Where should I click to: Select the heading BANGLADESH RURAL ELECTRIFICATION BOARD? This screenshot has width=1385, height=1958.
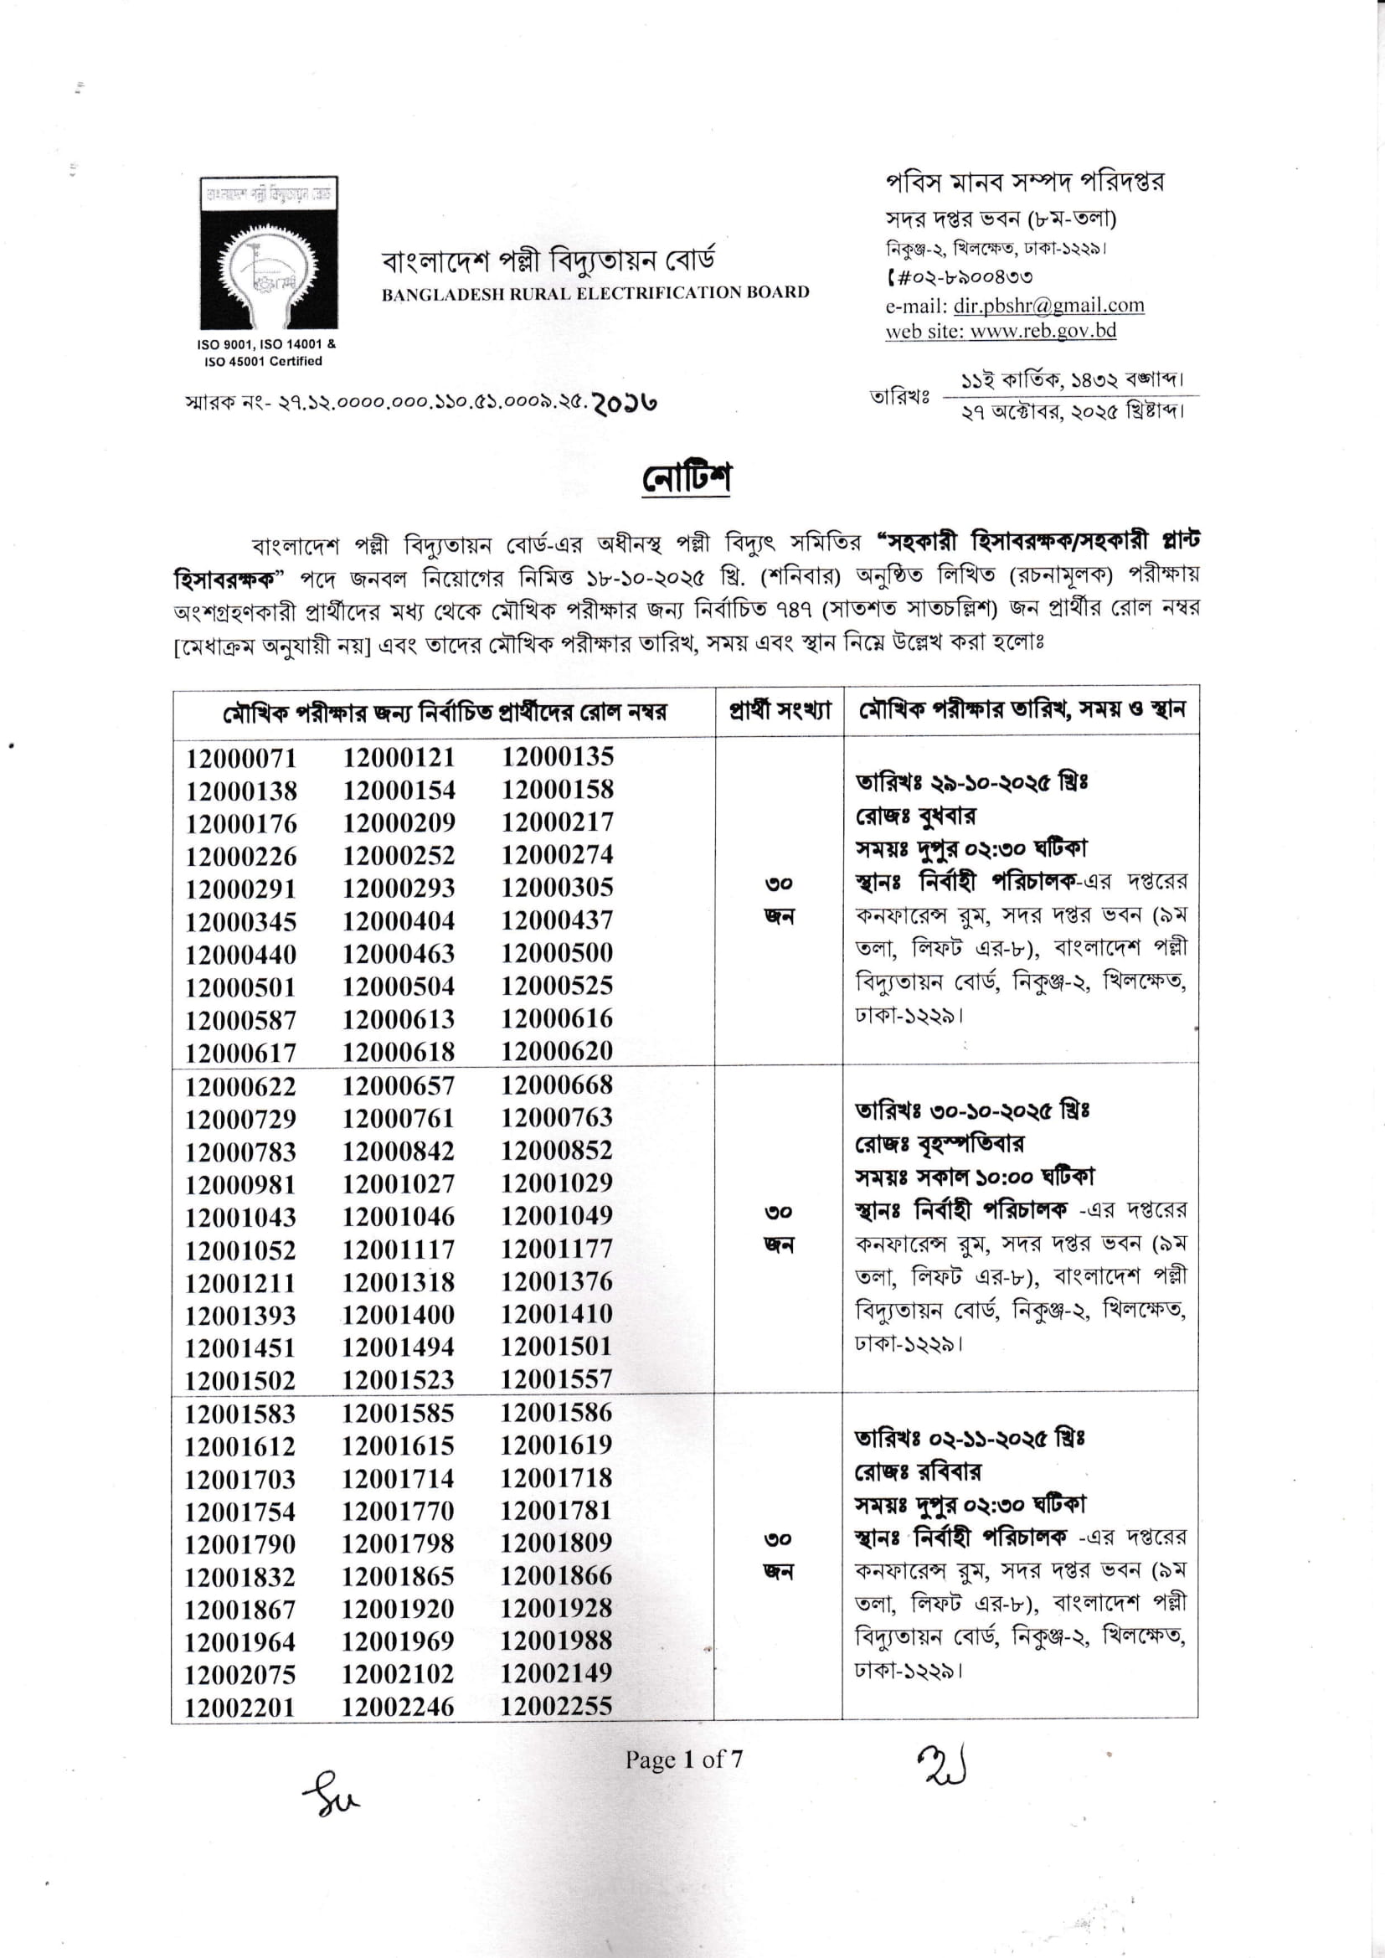(595, 292)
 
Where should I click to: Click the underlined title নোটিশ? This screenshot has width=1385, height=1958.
(687, 477)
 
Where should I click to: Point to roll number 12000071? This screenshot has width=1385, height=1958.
(241, 758)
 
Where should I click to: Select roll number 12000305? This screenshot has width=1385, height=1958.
(557, 888)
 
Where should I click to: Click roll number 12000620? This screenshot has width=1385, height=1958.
(557, 1052)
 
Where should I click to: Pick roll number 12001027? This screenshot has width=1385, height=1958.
(399, 1183)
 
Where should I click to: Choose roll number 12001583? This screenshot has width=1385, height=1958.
(240, 1414)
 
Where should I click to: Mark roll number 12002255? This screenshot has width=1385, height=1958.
(556, 1707)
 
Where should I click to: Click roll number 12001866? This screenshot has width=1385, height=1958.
(556, 1576)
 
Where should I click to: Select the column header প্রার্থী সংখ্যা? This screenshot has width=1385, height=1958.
(779, 710)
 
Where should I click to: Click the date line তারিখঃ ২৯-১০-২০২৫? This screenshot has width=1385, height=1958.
(971, 781)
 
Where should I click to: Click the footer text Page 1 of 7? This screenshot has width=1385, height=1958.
(684, 1760)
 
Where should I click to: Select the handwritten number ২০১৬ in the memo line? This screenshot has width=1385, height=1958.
(626, 402)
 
